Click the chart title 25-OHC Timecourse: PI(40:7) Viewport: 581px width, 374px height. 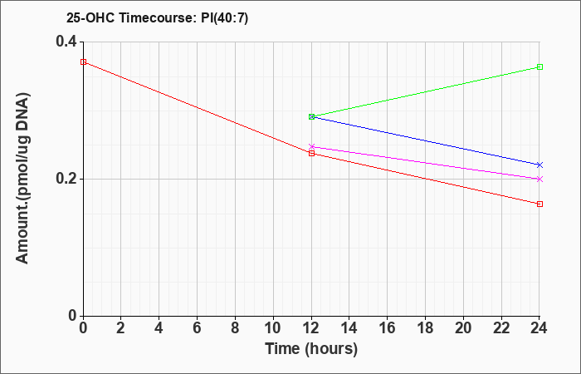[x=157, y=17]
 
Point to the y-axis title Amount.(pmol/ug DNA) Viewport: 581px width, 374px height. [x=23, y=179]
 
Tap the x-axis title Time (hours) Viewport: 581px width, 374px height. [x=311, y=349]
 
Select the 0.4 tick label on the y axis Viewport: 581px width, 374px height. [x=66, y=42]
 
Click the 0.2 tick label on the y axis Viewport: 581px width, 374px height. [x=66, y=179]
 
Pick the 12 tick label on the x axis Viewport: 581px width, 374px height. [x=311, y=328]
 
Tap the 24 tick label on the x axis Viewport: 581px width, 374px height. [x=539, y=328]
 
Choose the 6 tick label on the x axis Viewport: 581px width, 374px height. [x=198, y=328]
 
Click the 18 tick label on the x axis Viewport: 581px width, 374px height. [x=425, y=328]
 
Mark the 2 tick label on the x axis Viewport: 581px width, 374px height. [x=121, y=328]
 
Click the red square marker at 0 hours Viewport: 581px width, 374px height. [x=84, y=62]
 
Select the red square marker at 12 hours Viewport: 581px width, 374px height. [x=311, y=153]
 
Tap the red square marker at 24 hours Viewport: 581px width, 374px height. [x=539, y=204]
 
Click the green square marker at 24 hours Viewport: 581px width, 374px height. [x=539, y=67]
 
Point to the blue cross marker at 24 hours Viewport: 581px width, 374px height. [x=539, y=165]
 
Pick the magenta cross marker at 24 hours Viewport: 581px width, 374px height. [x=539, y=180]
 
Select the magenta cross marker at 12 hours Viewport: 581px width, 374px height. [x=311, y=147]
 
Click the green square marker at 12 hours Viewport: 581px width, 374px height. [x=311, y=117]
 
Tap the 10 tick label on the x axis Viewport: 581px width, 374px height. [x=273, y=328]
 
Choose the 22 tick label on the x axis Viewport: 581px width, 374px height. [x=501, y=328]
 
